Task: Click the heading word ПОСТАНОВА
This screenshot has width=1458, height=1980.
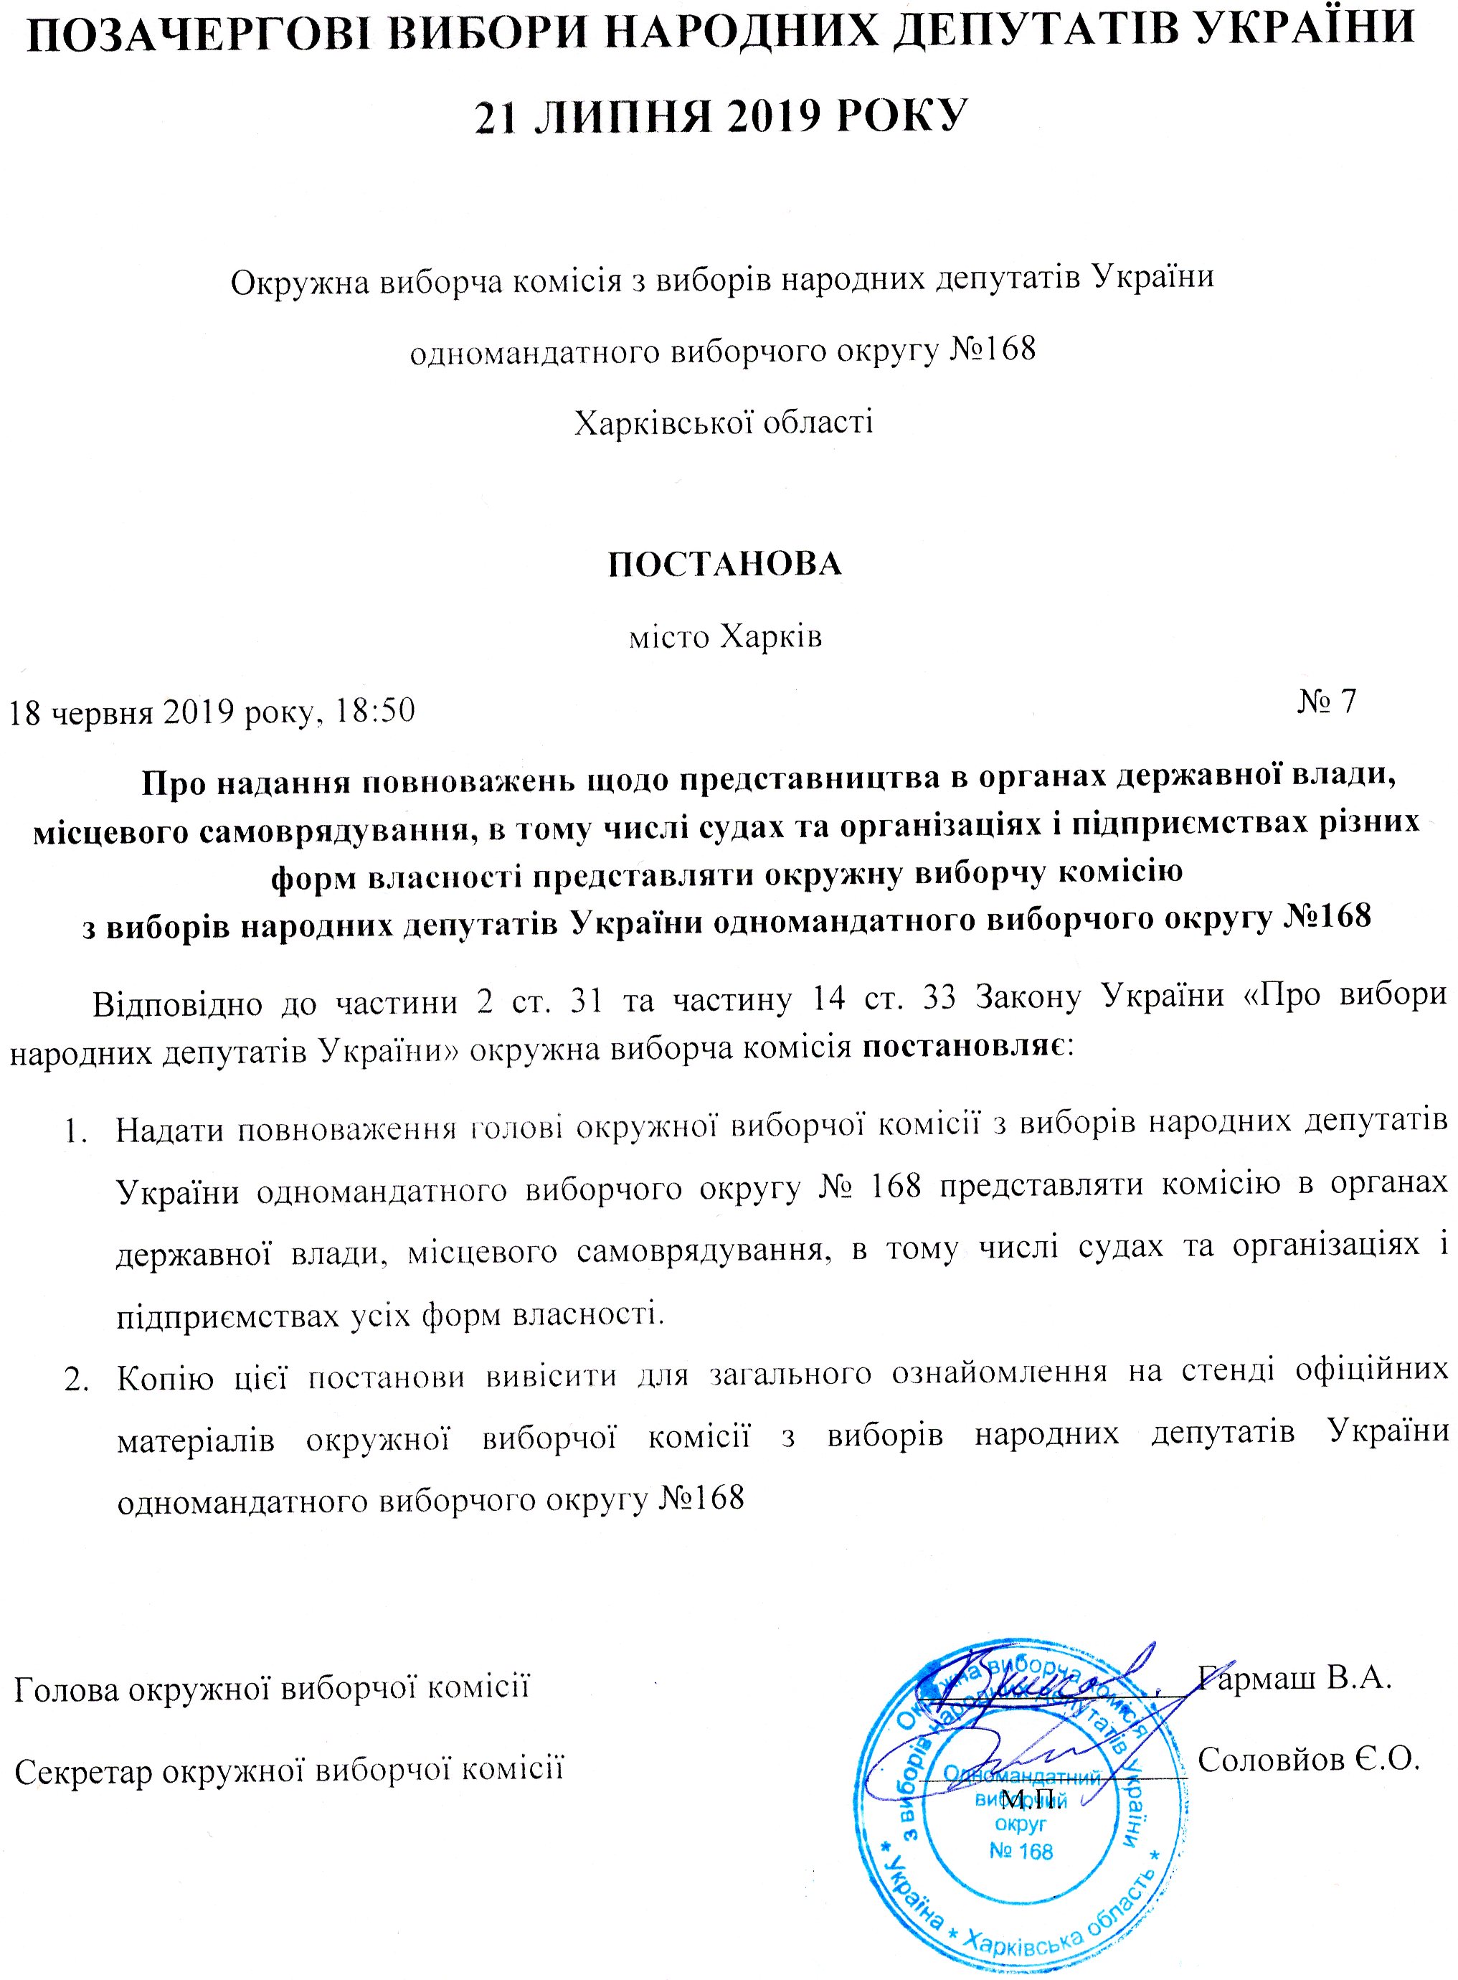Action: [724, 564]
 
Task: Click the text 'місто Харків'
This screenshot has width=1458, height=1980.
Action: [724, 636]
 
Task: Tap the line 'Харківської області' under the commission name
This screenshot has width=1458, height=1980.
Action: [724, 422]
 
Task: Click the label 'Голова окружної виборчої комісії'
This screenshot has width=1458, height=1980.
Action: [272, 1687]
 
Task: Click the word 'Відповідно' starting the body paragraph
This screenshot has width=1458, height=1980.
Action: [175, 1004]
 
